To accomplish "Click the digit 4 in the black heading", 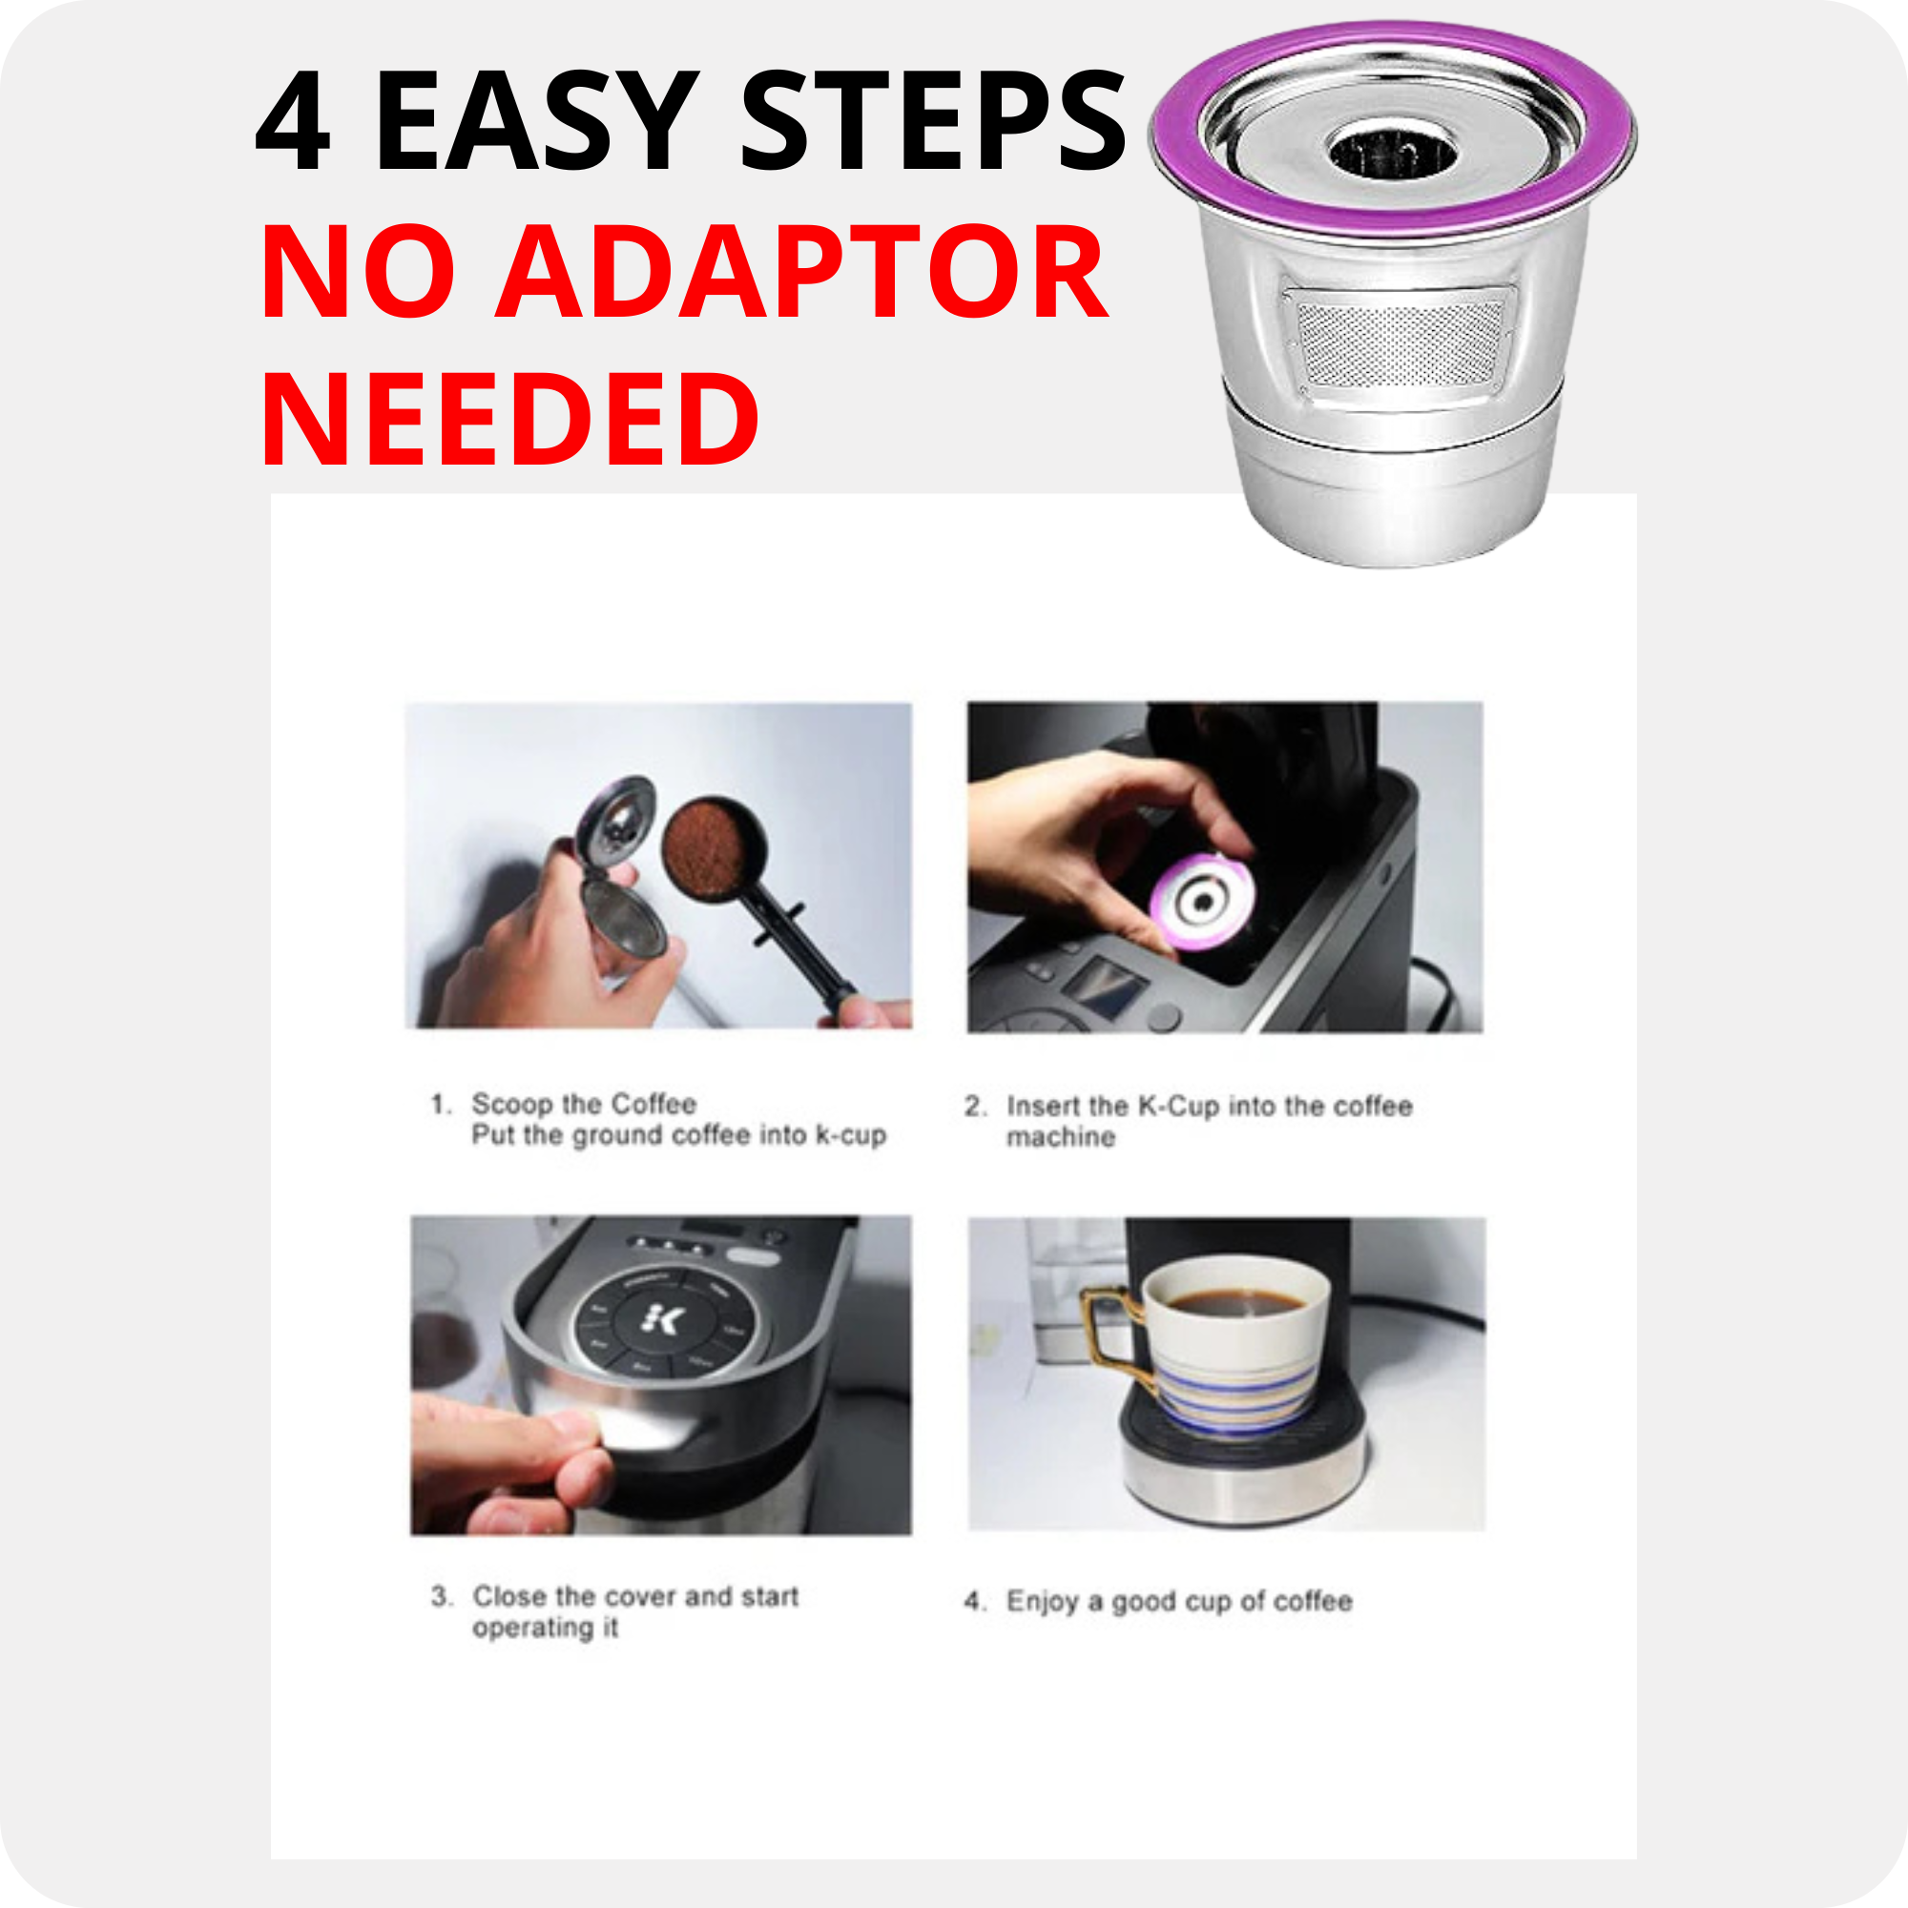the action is (x=292, y=121).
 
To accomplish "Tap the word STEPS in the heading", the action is (x=933, y=121).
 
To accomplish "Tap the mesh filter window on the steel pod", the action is (x=1399, y=343).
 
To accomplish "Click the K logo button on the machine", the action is (x=663, y=1319).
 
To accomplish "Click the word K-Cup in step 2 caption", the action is (x=1178, y=1105).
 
